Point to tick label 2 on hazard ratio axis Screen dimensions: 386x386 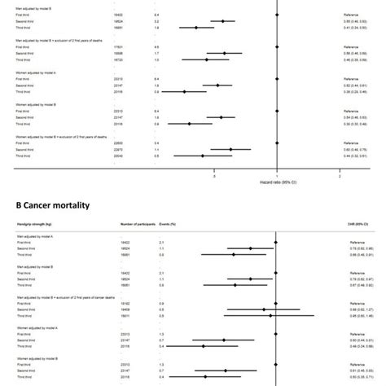[x=339, y=175]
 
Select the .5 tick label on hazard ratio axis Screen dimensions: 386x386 [x=214, y=175]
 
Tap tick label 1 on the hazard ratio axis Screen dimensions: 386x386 [x=277, y=175]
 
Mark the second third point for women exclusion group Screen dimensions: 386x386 [x=230, y=150]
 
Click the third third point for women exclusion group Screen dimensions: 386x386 [x=203, y=156]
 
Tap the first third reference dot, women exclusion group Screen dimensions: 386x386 [x=277, y=143]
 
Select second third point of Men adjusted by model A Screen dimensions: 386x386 [x=250, y=248]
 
